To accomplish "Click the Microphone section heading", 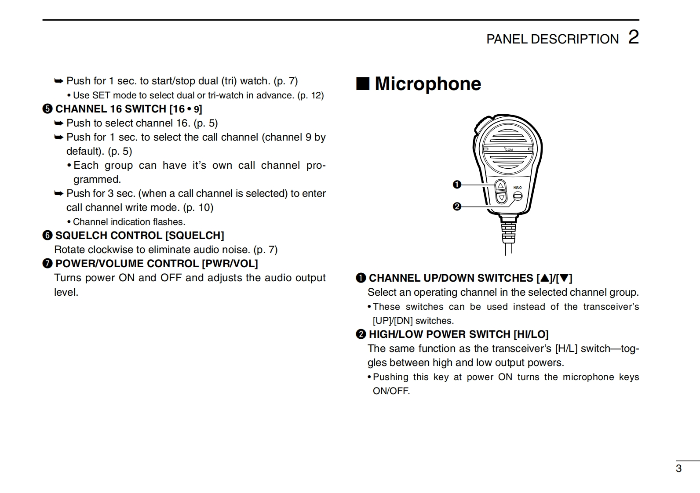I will tap(427, 83).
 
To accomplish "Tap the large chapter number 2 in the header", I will tap(633, 37).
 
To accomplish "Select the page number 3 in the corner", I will tap(678, 468).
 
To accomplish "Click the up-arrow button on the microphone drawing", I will tap(500, 185).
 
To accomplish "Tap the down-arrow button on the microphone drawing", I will tap(501, 198).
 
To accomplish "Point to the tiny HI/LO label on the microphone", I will tap(517, 188).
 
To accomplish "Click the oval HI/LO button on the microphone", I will tap(518, 196).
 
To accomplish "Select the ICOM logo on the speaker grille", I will tap(508, 149).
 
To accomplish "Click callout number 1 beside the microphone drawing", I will tap(457, 185).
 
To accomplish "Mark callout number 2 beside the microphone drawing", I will tap(457, 206).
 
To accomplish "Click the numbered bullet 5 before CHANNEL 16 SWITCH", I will tap(47, 109).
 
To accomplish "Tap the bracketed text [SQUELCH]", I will tap(194, 236).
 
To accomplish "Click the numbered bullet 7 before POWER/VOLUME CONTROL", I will tap(47, 264).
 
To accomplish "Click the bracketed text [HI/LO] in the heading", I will tap(531, 334).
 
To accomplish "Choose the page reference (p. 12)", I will tap(310, 95).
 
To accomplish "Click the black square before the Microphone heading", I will tap(362, 83).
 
